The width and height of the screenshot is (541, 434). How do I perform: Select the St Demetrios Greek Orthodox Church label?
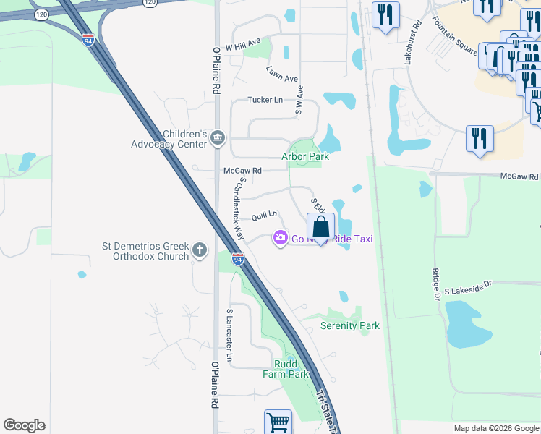(x=145, y=251)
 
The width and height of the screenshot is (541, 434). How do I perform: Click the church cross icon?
(x=200, y=251)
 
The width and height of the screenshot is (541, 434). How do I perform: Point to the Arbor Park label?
(x=305, y=156)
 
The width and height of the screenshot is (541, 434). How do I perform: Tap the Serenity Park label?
(x=350, y=325)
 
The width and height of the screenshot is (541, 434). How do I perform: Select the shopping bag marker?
(x=321, y=227)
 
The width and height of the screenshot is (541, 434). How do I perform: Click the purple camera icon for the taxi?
(x=280, y=237)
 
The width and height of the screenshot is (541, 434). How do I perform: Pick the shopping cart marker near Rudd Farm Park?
(x=278, y=422)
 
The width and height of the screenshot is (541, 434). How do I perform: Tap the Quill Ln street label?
(x=264, y=216)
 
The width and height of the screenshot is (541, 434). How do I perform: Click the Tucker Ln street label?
(x=265, y=100)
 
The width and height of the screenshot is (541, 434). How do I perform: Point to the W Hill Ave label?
(x=242, y=45)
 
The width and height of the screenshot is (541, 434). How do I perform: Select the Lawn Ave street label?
(x=282, y=73)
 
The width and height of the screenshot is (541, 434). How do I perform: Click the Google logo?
(x=25, y=425)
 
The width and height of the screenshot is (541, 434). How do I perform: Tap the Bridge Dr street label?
(x=436, y=283)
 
